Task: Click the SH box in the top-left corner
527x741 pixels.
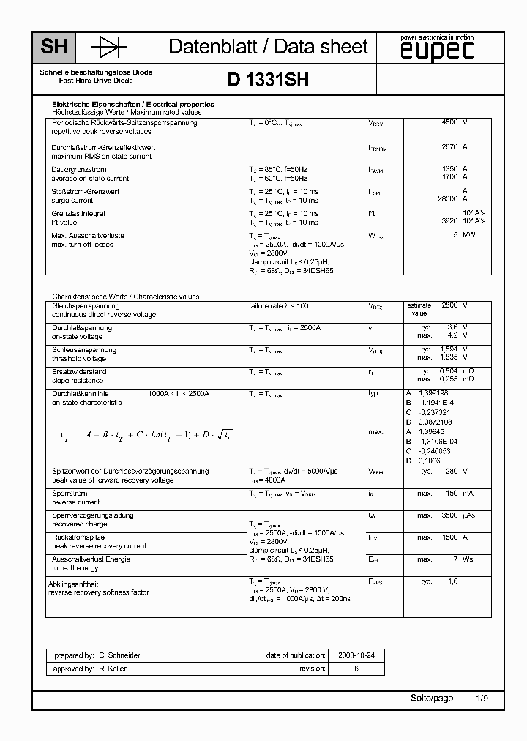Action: click(53, 48)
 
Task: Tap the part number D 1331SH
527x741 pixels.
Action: click(268, 80)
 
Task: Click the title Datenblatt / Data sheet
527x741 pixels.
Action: click(268, 48)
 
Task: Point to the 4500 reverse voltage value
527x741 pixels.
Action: click(449, 122)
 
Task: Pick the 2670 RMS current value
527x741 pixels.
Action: click(449, 147)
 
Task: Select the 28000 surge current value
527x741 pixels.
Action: click(447, 199)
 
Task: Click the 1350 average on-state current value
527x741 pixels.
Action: click(449, 169)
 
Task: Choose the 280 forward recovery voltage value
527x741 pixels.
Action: click(452, 472)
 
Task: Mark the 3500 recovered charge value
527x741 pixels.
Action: click(449, 515)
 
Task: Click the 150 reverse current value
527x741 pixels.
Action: click(452, 494)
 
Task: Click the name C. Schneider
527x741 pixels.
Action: click(119, 655)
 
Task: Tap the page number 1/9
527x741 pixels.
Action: click(482, 699)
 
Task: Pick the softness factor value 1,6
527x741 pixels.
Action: click(452, 581)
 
